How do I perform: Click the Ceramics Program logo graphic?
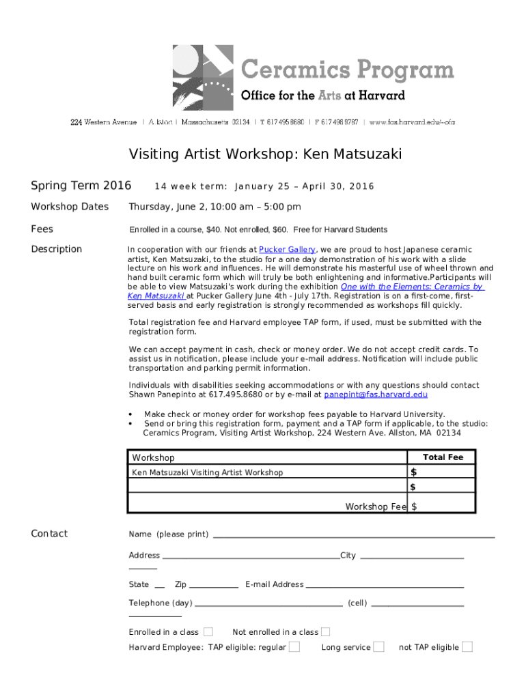pyautogui.click(x=204, y=78)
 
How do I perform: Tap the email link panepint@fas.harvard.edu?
pyautogui.click(x=376, y=395)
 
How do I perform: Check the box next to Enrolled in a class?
pyautogui.click(x=208, y=632)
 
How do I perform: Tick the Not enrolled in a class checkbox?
pyautogui.click(x=326, y=632)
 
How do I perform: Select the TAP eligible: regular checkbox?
pyautogui.click(x=294, y=647)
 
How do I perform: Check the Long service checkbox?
pyautogui.click(x=378, y=647)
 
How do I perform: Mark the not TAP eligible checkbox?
pyautogui.click(x=467, y=647)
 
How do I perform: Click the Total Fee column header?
pyautogui.click(x=443, y=457)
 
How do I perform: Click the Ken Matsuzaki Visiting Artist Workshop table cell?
pyautogui.click(x=207, y=472)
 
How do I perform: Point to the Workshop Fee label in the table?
pyautogui.click(x=376, y=507)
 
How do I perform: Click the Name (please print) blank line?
pyautogui.click(x=354, y=537)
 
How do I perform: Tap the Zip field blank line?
pyautogui.click(x=213, y=587)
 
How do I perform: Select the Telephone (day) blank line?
pyautogui.click(x=268, y=605)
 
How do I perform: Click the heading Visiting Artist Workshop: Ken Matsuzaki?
pyautogui.click(x=266, y=155)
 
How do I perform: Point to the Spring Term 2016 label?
pyautogui.click(x=81, y=186)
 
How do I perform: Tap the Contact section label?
pyautogui.click(x=49, y=534)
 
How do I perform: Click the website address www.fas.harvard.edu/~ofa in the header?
pyautogui.click(x=412, y=122)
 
